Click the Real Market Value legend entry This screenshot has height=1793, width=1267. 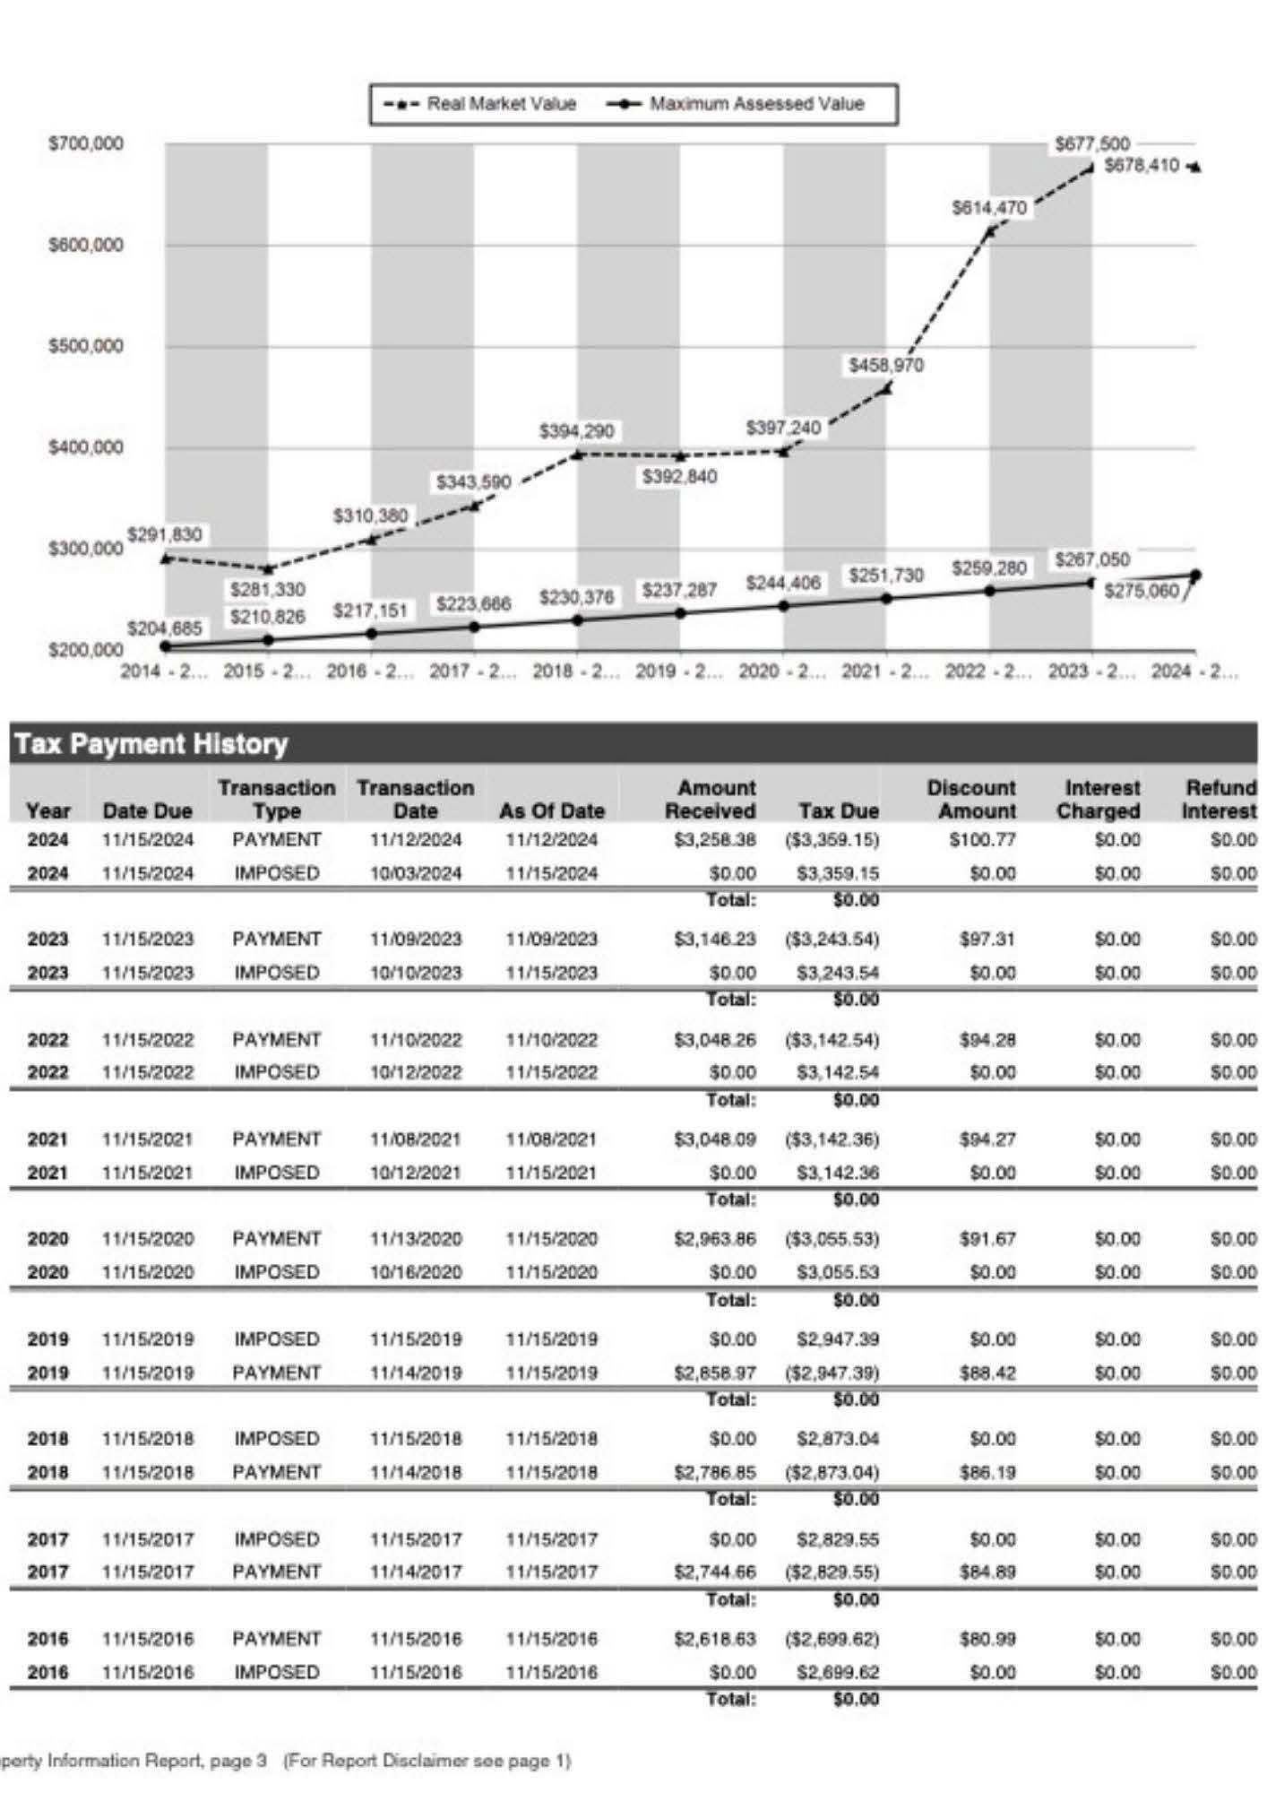pos(484,104)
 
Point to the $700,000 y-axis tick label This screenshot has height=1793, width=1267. pos(86,143)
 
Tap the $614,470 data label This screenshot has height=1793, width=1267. pos(988,208)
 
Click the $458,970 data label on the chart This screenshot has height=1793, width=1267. pos(886,365)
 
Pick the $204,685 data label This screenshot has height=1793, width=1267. pos(164,628)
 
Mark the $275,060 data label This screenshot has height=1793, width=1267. pos(1141,591)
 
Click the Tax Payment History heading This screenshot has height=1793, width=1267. pos(151,744)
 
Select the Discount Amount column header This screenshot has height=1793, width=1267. pos(971,799)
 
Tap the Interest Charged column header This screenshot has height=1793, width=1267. pos(1099,799)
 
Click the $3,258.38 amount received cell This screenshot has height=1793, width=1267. pos(714,840)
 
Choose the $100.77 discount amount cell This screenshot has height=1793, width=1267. pos(982,840)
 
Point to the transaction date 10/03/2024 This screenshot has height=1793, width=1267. pos(416,873)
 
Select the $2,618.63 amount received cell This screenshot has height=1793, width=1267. pos(714,1639)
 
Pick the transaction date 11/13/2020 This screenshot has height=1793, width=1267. pos(416,1239)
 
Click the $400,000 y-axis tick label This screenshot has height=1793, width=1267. pos(86,447)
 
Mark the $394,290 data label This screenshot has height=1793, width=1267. pos(576,431)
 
